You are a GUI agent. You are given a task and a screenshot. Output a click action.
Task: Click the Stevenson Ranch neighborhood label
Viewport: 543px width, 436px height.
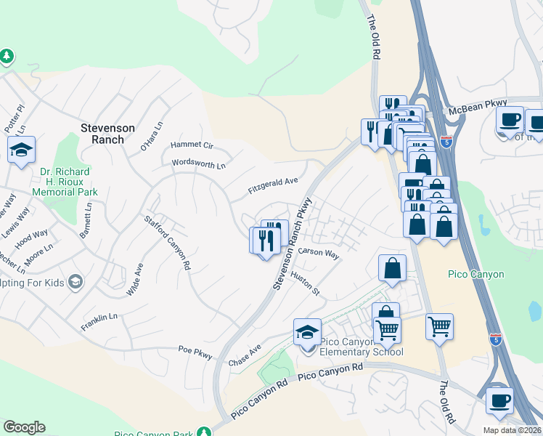(107, 134)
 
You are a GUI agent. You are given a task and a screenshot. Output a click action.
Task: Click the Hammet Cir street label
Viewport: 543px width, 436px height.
(191, 145)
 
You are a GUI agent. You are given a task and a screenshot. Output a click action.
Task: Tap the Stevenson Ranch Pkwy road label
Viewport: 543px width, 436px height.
(293, 243)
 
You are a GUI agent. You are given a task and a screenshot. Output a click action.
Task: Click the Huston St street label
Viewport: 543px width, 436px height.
(305, 283)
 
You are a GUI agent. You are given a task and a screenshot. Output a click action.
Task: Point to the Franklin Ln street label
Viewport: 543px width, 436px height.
(99, 318)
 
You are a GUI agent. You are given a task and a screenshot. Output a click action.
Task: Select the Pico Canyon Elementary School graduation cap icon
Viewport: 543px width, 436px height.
(308, 332)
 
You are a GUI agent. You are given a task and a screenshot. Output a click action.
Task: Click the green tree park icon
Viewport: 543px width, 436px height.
(7, 56)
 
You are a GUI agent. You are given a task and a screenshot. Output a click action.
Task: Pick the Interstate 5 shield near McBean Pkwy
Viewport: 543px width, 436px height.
(446, 143)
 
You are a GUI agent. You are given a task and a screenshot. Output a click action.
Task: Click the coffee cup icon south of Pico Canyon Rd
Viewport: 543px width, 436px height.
(499, 400)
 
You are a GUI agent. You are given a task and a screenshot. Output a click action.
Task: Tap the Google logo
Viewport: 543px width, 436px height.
(25, 427)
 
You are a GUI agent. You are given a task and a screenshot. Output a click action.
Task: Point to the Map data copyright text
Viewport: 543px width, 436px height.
(512, 430)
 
